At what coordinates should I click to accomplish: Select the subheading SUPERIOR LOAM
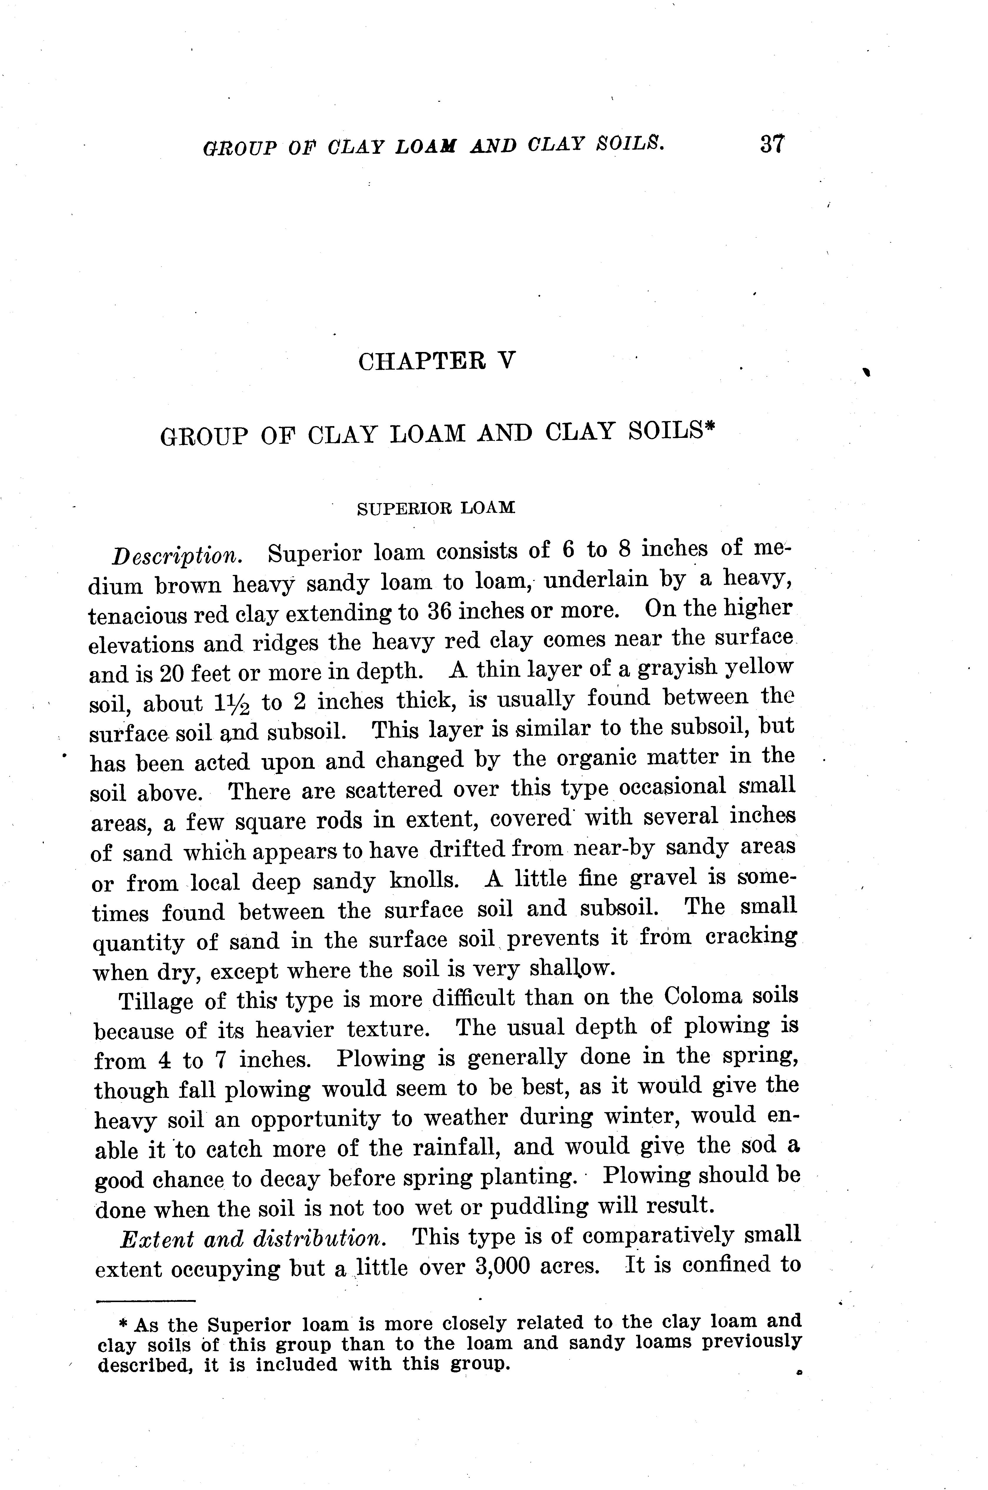[x=436, y=508]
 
